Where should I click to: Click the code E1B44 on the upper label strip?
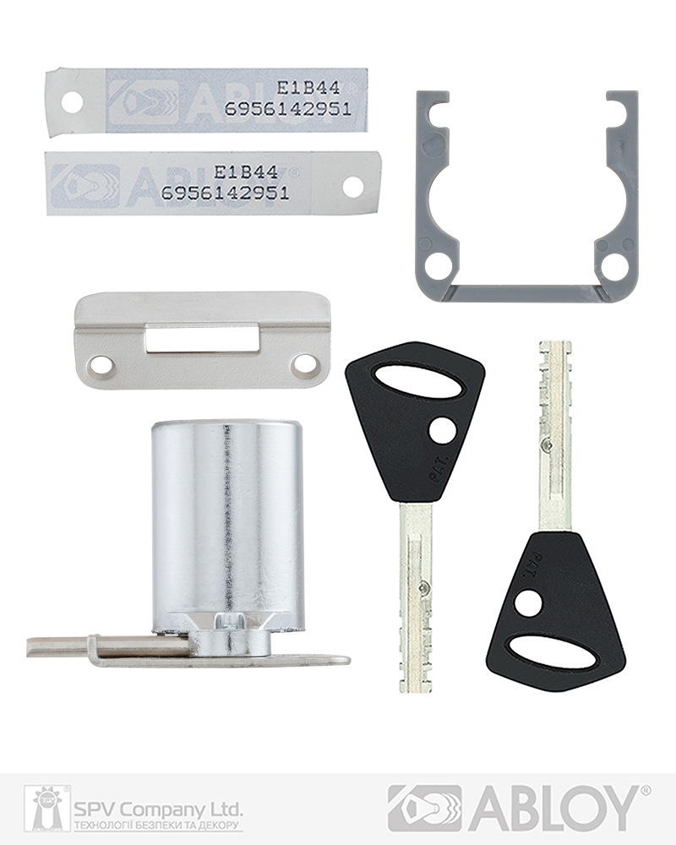click(x=308, y=87)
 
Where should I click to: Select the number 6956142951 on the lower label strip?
click(x=225, y=192)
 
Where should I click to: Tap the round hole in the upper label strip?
click(x=72, y=103)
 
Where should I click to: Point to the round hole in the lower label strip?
click(x=352, y=187)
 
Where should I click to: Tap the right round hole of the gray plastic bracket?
click(x=615, y=267)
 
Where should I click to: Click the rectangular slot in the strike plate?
click(x=201, y=338)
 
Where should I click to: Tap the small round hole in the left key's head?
click(x=442, y=431)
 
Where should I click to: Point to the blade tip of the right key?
click(x=554, y=349)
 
